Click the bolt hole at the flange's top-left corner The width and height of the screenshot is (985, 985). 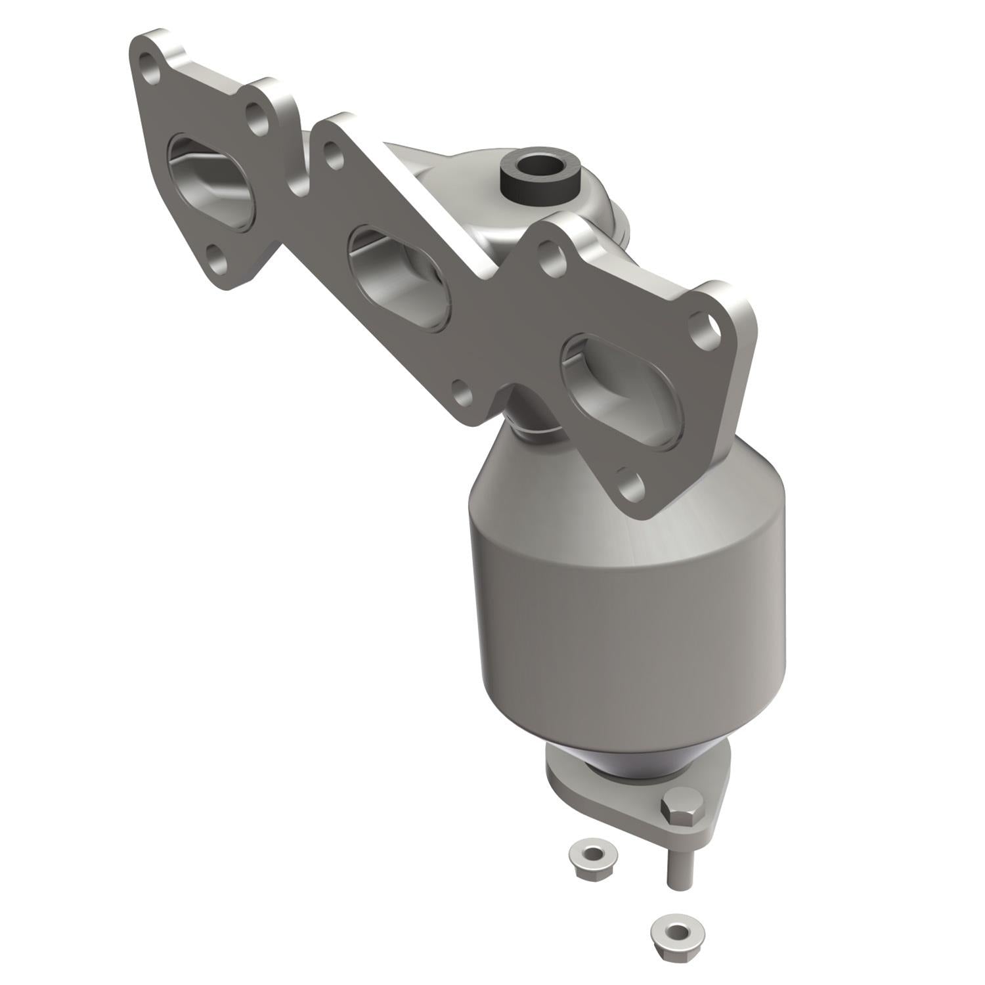tap(150, 69)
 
